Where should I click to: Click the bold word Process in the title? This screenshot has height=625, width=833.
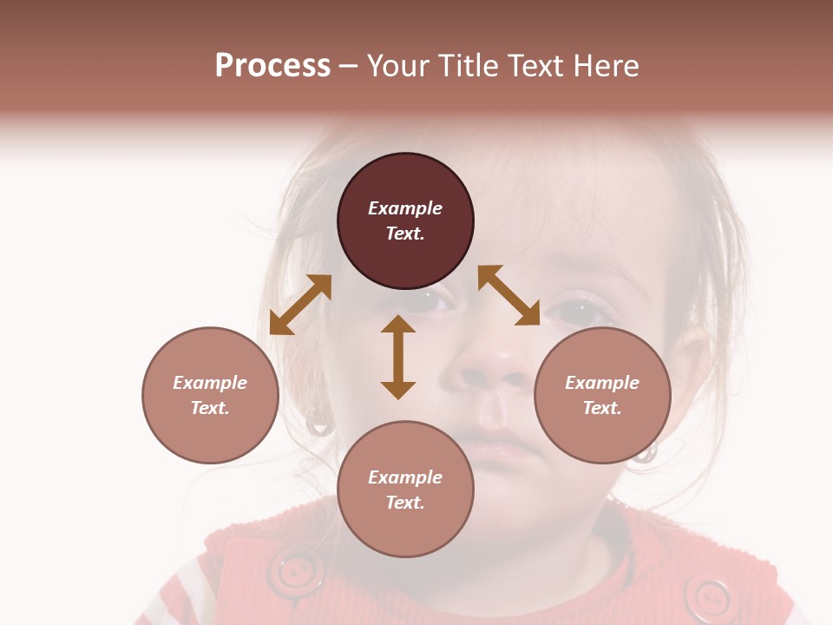(272, 66)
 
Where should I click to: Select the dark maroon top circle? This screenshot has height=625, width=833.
(405, 220)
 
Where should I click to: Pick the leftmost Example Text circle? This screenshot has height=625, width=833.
(210, 395)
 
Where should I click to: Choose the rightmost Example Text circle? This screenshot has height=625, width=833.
(602, 395)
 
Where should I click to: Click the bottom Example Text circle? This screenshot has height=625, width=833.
(405, 490)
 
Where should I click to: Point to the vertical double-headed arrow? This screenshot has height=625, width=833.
(398, 357)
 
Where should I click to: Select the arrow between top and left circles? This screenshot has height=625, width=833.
(300, 305)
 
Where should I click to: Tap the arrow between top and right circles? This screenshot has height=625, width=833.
(509, 295)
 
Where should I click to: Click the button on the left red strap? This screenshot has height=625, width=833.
(296, 570)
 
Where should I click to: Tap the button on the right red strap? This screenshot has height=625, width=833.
(713, 596)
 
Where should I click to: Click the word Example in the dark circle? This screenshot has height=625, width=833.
(405, 208)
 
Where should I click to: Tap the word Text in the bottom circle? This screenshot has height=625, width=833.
(405, 503)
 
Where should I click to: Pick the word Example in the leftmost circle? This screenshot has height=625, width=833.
(210, 383)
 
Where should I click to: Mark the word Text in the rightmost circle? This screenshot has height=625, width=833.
(602, 408)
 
